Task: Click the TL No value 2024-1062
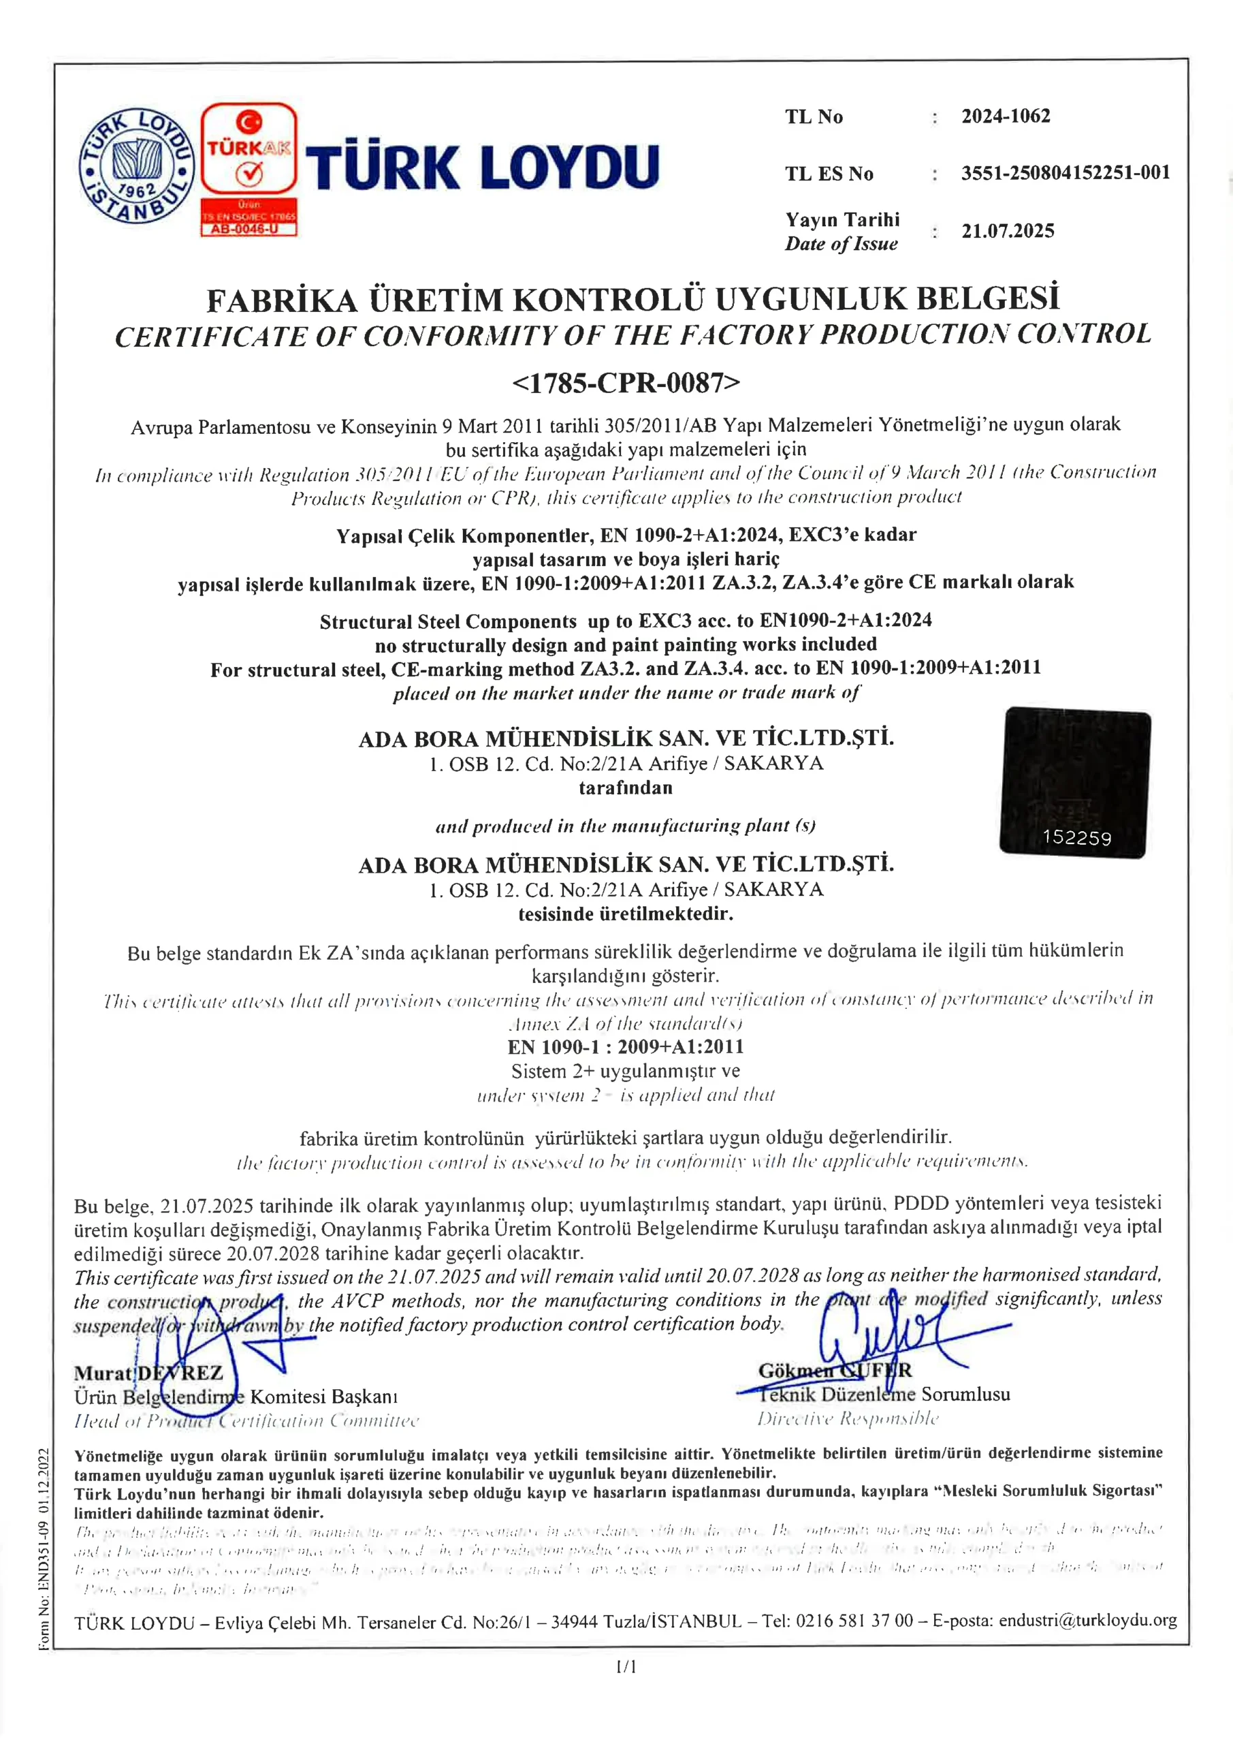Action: tap(1005, 116)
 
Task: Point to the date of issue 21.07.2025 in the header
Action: tap(1008, 231)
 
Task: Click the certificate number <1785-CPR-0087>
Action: tap(626, 382)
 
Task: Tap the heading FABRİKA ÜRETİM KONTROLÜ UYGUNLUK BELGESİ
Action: tap(632, 299)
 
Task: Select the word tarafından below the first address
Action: tap(626, 788)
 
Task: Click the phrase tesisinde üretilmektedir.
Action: tap(626, 914)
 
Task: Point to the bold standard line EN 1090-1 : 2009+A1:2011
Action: tap(626, 1046)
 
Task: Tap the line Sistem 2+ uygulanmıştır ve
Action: tap(626, 1071)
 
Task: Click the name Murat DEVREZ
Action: tap(149, 1373)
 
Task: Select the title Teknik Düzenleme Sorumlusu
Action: tap(884, 1394)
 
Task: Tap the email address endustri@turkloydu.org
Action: tap(1087, 1620)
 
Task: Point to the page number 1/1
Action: tap(626, 1666)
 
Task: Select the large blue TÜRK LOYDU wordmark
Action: tap(482, 167)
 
